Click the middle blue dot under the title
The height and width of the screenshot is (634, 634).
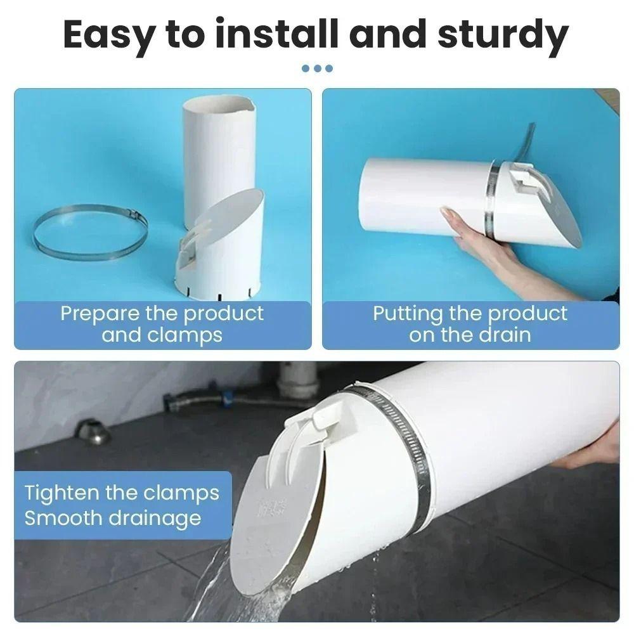(318, 68)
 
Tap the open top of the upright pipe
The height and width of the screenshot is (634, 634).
(219, 103)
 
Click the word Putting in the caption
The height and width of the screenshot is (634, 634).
(408, 314)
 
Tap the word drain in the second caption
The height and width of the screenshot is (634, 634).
(505, 335)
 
